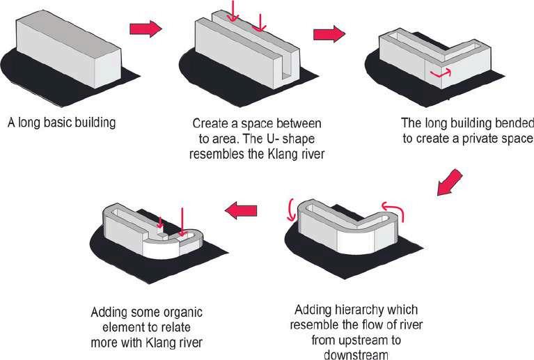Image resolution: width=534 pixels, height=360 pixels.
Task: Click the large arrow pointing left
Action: [239, 205]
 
